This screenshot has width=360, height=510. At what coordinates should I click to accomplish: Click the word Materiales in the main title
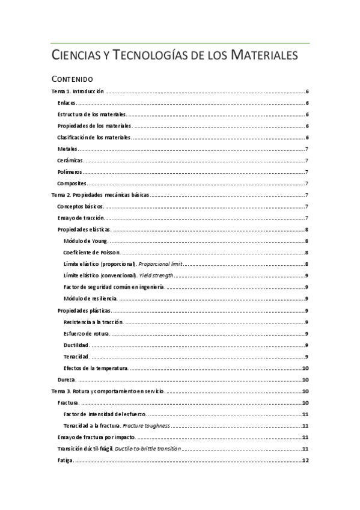pos(261,56)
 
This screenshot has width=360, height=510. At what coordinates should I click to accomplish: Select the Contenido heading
pos(72,79)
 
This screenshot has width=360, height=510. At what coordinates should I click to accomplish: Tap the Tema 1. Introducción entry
pos(78,91)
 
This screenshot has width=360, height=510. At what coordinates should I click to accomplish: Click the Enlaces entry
pos(67,103)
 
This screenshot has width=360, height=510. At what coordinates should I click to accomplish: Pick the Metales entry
pos(67,149)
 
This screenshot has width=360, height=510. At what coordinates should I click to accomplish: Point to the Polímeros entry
pos(70,172)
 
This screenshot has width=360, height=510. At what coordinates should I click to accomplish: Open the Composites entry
pos(72,183)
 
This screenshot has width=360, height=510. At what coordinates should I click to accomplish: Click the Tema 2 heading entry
pos(100,195)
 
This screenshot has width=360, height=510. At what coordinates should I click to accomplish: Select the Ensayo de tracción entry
pos(81,218)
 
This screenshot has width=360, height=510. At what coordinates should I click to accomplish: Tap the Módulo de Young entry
pos(85,241)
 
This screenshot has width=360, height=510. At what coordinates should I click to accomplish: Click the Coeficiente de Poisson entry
pos(92,253)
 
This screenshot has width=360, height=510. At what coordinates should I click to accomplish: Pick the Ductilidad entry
pos(76,345)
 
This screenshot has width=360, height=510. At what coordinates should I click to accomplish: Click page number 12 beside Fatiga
pos(305,461)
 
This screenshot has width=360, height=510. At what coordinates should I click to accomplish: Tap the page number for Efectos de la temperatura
pos(305,368)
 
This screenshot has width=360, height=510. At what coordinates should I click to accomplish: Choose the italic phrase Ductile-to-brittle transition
pos(151,449)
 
